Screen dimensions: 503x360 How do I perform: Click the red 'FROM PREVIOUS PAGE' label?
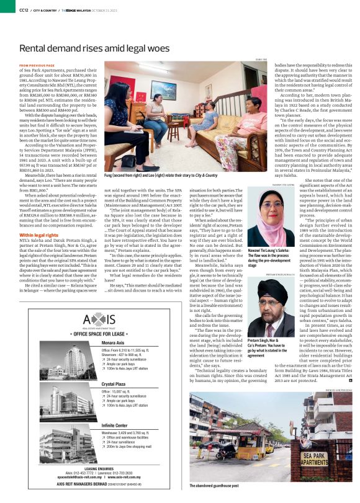click(37, 65)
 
